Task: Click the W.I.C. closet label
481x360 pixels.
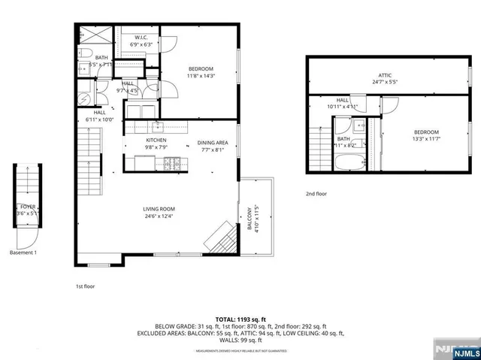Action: click(x=142, y=37)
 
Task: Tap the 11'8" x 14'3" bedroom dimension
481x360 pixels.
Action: click(x=200, y=76)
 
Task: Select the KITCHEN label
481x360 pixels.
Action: click(x=156, y=141)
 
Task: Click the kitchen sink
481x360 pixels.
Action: click(x=158, y=126)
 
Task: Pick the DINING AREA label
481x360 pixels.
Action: click(x=213, y=142)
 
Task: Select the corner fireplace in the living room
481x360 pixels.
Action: click(x=222, y=240)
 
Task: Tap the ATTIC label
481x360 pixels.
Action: click(x=384, y=75)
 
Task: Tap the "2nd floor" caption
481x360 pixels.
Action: click(x=316, y=194)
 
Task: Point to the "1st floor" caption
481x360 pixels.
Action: click(x=84, y=286)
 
